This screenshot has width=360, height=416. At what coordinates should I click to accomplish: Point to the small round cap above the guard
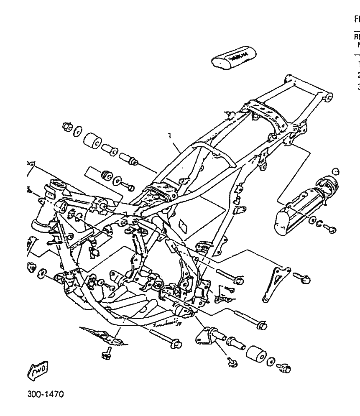point(335,171)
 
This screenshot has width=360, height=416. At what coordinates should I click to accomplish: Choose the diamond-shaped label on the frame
point(182,226)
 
